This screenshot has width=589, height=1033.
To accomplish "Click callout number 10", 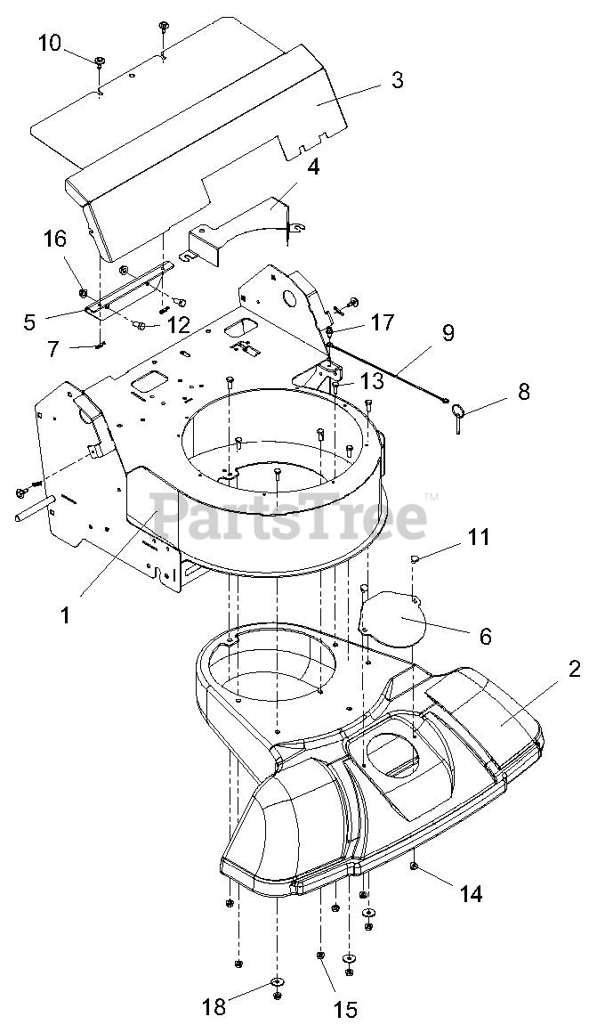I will (51, 42).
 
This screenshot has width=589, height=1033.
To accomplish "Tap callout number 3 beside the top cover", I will (396, 80).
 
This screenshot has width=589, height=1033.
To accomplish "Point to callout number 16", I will (54, 239).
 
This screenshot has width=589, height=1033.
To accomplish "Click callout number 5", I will (30, 321).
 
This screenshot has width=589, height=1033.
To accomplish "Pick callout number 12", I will (178, 325).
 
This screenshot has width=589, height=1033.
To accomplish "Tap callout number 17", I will (383, 322).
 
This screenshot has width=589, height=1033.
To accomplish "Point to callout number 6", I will (485, 636).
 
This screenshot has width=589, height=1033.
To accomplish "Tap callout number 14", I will (471, 893).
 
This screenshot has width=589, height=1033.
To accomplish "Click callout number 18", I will (214, 1007).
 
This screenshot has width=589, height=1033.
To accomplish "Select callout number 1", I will (65, 614).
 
